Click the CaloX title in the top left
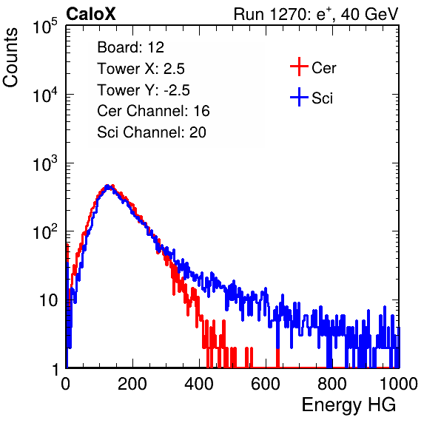point(90,14)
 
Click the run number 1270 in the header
point(287,14)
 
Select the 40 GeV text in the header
point(369,14)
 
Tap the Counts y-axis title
point(10,58)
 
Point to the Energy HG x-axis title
point(349,405)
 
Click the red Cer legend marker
point(299,67)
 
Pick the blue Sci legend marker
point(299,98)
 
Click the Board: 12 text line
point(130,47)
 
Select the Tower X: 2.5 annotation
point(141,69)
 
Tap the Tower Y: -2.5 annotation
point(144,90)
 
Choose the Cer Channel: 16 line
point(153,111)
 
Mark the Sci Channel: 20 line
point(152,132)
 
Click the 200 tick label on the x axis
point(132,384)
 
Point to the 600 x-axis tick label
point(266,384)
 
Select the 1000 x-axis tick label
point(399,384)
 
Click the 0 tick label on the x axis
point(66,384)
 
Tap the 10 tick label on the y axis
point(48,300)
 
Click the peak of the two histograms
point(108,186)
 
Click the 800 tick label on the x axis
point(332,384)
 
